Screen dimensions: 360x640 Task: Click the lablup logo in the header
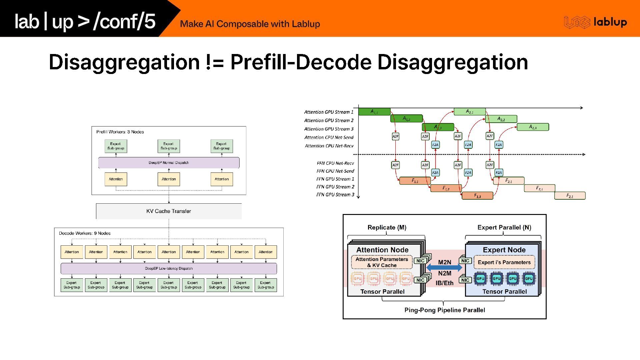pyautogui.click(x=595, y=22)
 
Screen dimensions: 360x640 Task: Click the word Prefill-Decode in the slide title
pyautogui.click(x=300, y=62)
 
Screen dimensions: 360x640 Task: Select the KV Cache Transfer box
pyautogui.click(x=169, y=211)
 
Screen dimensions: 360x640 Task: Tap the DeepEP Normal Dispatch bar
pyautogui.click(x=169, y=163)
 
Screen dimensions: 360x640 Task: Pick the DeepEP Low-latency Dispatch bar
pyautogui.click(x=169, y=268)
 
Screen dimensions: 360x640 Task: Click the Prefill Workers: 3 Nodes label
pyautogui.click(x=120, y=132)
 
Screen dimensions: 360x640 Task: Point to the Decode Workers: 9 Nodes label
pyautogui.click(x=85, y=233)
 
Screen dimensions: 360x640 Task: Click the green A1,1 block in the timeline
pyautogui.click(x=374, y=112)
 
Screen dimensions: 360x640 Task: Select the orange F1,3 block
pyautogui.click(x=477, y=196)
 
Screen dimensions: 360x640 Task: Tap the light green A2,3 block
pyautogui.click(x=533, y=127)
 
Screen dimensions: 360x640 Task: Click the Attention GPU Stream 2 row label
pyautogui.click(x=329, y=121)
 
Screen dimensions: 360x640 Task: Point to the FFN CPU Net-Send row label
pyautogui.click(x=335, y=171)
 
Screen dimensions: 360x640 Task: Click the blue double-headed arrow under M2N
pyautogui.click(x=444, y=267)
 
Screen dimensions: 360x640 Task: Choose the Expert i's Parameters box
pyautogui.click(x=504, y=262)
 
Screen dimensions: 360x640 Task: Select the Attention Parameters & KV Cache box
pyautogui.click(x=382, y=262)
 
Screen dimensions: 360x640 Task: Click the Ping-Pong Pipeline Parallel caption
pyautogui.click(x=445, y=310)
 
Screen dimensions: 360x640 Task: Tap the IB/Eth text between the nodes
pyautogui.click(x=445, y=283)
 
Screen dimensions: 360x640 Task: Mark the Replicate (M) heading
pyautogui.click(x=387, y=228)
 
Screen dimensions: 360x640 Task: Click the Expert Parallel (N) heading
pyautogui.click(x=504, y=228)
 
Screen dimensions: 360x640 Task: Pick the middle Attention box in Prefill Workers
pyautogui.click(x=169, y=179)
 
